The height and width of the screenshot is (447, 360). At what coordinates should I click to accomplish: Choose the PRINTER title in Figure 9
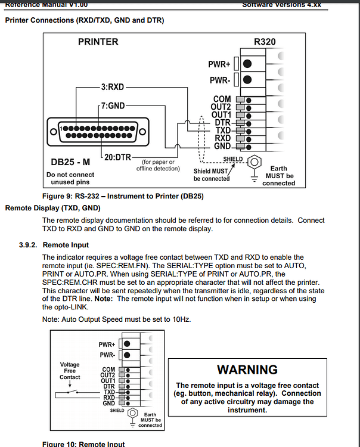[98, 42]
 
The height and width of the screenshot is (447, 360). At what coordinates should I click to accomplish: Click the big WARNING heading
[247, 370]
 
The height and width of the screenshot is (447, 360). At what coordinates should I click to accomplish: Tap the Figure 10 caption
[83, 444]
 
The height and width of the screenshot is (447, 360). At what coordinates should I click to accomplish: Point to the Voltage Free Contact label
[70, 371]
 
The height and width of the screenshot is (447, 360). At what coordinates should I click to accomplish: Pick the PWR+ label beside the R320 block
[219, 64]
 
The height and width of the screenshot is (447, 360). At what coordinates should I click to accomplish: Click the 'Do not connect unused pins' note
[70, 179]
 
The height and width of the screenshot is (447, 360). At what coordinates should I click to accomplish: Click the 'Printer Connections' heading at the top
[84, 21]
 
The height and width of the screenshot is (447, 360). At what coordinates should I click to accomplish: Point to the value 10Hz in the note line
[181, 320]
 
